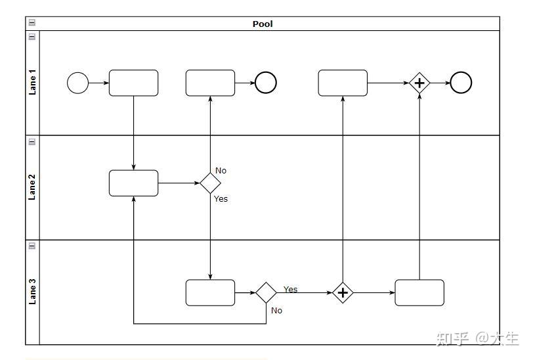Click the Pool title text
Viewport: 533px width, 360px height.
point(263,24)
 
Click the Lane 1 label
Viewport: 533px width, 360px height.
point(32,82)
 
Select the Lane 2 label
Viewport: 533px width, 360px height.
point(32,187)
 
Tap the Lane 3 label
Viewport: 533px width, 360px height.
point(32,292)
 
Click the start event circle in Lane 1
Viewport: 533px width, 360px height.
point(78,83)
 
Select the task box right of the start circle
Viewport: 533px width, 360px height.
point(134,83)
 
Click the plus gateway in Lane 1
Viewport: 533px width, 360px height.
point(419,83)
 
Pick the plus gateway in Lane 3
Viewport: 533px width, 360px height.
point(343,292)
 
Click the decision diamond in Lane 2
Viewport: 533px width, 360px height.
point(211,183)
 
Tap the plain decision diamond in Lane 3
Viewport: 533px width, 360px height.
point(266,292)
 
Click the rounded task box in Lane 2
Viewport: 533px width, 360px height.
point(134,183)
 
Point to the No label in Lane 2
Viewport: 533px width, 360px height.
point(221,170)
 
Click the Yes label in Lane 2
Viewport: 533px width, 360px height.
point(221,198)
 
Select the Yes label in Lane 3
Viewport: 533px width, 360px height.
point(291,289)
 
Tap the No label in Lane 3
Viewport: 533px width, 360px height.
point(277,310)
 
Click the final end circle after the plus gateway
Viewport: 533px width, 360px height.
point(461,83)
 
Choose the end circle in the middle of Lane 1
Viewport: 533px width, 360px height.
point(266,83)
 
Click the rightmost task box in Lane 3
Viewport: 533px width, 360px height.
point(419,292)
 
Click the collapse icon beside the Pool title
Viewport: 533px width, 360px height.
point(32,22)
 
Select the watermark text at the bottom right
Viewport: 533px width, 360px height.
point(478,338)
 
